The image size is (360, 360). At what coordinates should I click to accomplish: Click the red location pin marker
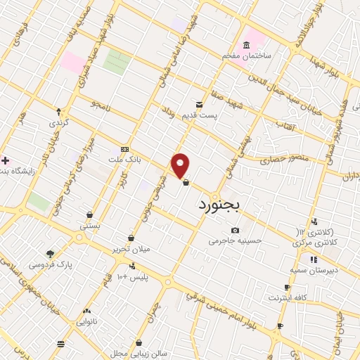181,165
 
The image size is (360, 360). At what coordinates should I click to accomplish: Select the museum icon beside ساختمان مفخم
246,46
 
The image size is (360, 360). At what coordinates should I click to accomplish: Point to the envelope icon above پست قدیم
200,104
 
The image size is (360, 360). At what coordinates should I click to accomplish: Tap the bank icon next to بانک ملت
125,149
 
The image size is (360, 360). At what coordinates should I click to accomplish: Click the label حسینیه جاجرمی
235,240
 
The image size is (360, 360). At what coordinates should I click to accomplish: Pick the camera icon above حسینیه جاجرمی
235,230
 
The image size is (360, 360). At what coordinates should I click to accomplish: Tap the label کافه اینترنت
287,298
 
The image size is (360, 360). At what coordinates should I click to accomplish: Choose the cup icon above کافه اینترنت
287,288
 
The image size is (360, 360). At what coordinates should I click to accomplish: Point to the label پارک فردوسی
51,264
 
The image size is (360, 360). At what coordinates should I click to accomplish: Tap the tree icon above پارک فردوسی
51,254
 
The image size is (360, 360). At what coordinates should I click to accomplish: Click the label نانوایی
86,321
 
